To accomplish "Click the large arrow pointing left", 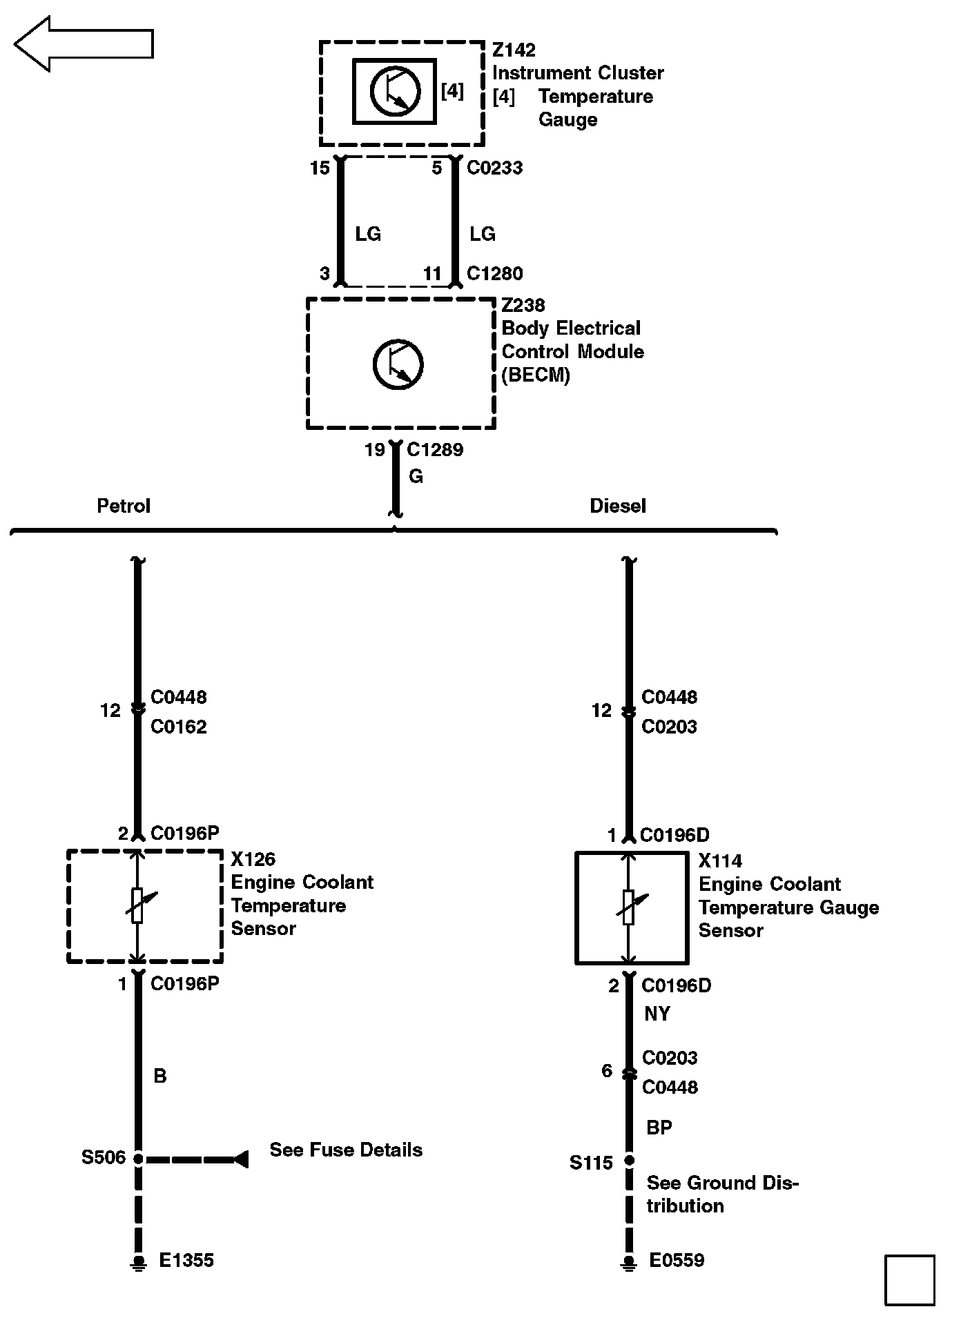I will [x=83, y=44].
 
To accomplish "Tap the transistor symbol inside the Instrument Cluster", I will [x=395, y=91].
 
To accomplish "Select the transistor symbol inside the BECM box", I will [x=398, y=364].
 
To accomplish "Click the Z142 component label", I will [x=514, y=50].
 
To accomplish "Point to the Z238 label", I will [x=523, y=305].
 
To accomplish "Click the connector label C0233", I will [x=494, y=168].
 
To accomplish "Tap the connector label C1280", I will [x=494, y=274].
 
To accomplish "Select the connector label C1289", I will [x=435, y=450].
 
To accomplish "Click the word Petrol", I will [x=124, y=506].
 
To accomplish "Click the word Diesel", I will [x=618, y=506].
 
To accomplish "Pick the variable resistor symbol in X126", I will [x=138, y=905].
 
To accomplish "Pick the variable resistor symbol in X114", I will [x=629, y=907].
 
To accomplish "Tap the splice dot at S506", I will [x=138, y=1159].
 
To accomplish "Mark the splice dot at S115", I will [x=629, y=1161].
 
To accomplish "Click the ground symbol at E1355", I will [x=139, y=1262].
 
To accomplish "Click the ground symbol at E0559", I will [x=629, y=1262].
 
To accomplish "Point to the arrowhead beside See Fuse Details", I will [x=240, y=1159].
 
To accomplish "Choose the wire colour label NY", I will [x=657, y=1014].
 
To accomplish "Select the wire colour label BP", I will [x=659, y=1128].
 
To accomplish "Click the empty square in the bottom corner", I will [x=910, y=1280].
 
